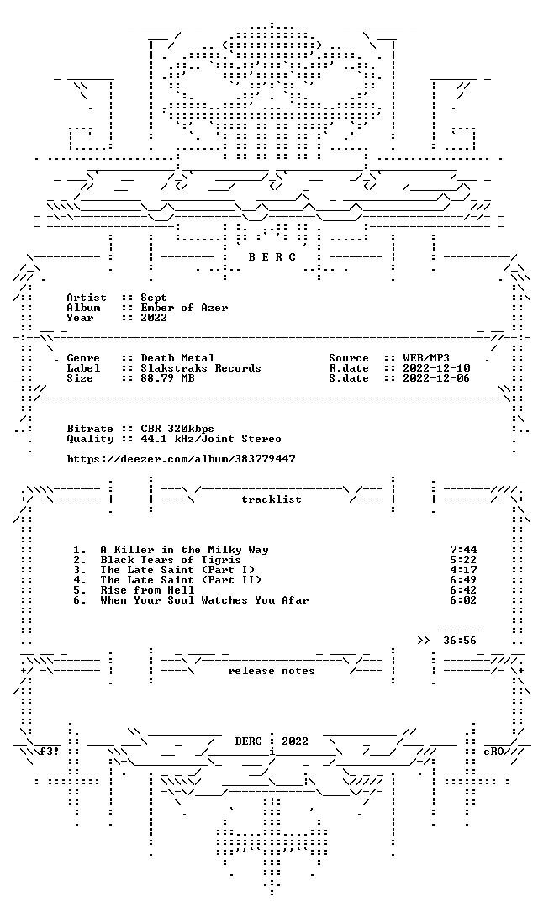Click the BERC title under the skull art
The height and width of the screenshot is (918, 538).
[272, 257]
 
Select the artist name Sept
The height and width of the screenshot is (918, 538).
[153, 298]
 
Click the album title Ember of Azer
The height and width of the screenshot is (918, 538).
[184, 308]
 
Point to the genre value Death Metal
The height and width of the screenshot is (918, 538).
[177, 358]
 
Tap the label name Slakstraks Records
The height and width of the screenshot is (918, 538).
[200, 368]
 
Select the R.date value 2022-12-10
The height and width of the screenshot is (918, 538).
[436, 368]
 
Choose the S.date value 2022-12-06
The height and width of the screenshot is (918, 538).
[436, 378]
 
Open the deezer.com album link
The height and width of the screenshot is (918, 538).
[181, 459]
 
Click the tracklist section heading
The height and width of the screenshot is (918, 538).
[272, 499]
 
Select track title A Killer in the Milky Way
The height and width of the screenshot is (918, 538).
[184, 550]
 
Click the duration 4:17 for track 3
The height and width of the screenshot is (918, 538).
[463, 570]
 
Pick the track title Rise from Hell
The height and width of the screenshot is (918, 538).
[147, 590]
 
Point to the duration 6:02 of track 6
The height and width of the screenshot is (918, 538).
[463, 600]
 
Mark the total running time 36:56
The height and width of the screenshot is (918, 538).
[460, 641]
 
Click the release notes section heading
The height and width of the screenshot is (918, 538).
[272, 671]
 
